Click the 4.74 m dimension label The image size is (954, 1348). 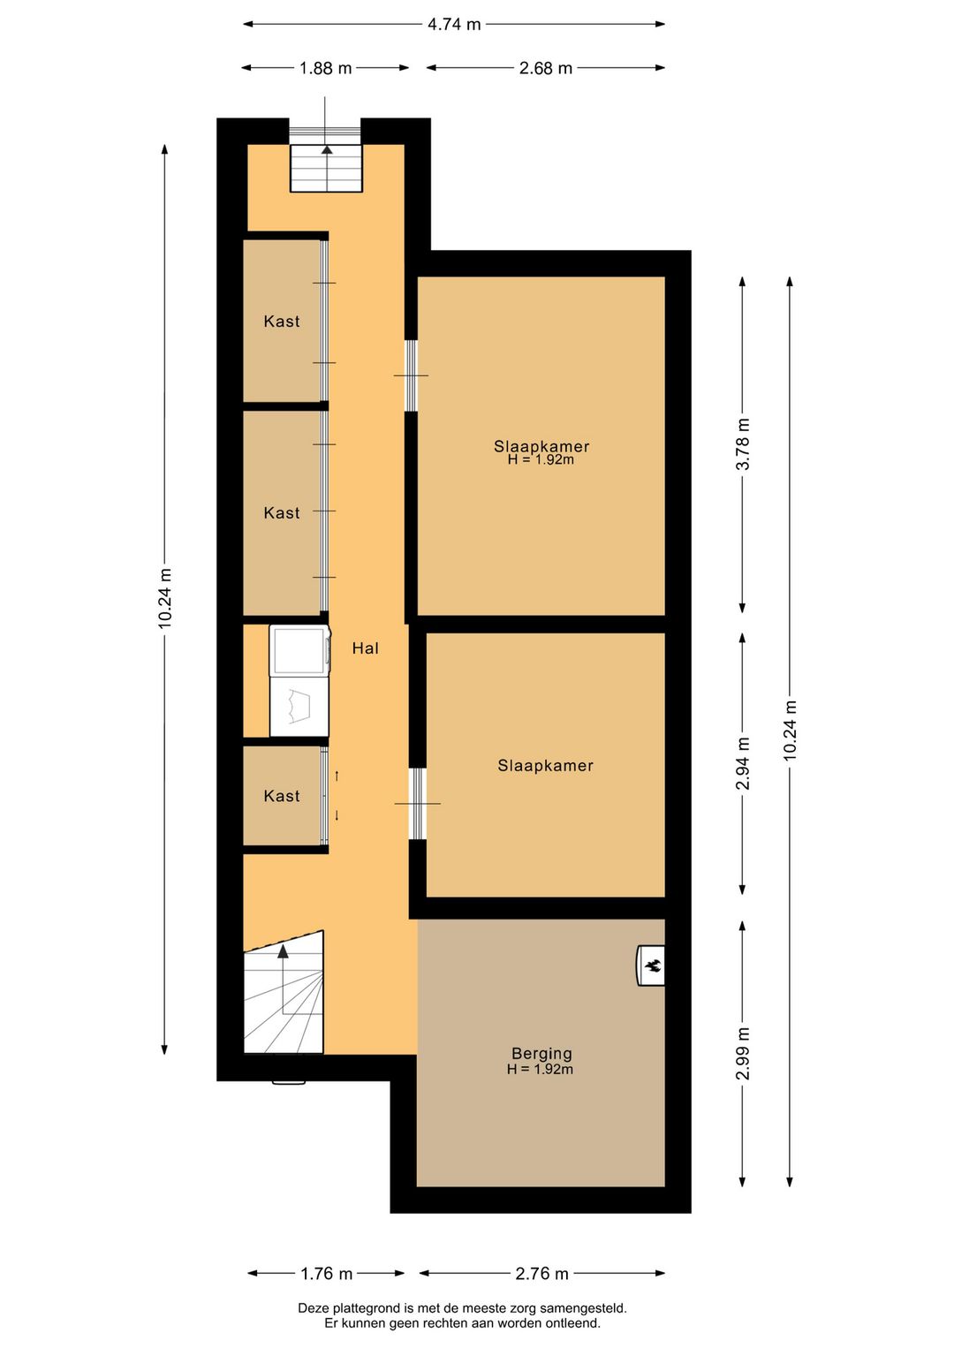pyautogui.click(x=454, y=25)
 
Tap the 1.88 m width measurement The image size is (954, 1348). pyautogui.click(x=325, y=68)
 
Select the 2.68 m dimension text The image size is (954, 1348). pyautogui.click(x=545, y=68)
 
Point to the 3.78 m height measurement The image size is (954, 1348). pyautogui.click(x=743, y=444)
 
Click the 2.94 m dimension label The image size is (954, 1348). pyautogui.click(x=743, y=763)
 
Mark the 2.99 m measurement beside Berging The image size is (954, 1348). pyautogui.click(x=743, y=1053)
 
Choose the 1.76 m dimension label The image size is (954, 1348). pyautogui.click(x=326, y=1273)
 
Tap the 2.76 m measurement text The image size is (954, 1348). pyautogui.click(x=541, y=1273)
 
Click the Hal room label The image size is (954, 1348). pyautogui.click(x=365, y=648)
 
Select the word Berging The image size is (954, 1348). pyautogui.click(x=541, y=1053)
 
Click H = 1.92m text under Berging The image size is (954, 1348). pyautogui.click(x=540, y=1070)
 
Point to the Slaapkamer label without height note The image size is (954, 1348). pyautogui.click(x=545, y=766)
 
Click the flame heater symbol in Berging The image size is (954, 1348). pyautogui.click(x=652, y=966)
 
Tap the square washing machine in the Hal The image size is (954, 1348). pyautogui.click(x=299, y=650)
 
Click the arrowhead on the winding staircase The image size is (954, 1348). pyautogui.click(x=283, y=952)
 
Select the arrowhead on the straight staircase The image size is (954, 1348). pyautogui.click(x=327, y=150)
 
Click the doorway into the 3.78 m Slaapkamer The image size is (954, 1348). pyautogui.click(x=411, y=375)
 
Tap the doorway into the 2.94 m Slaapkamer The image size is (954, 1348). pyautogui.click(x=417, y=804)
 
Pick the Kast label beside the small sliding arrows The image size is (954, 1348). pyautogui.click(x=282, y=796)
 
